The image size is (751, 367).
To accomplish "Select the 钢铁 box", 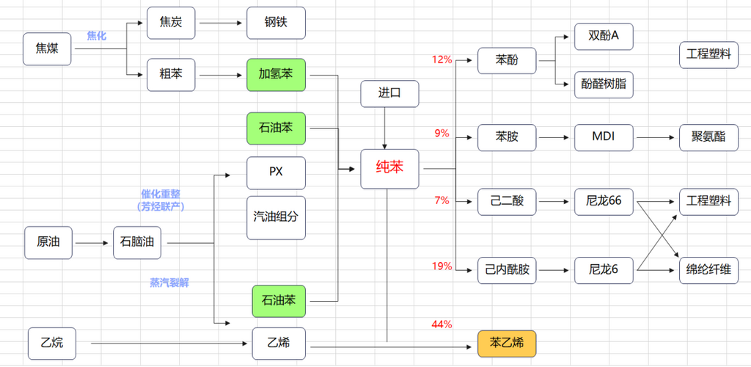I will point(276,23).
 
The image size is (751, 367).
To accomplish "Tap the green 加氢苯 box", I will point(276,74).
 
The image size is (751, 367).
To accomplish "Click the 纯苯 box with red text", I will point(389,168).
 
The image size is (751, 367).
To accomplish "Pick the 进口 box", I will point(389,94).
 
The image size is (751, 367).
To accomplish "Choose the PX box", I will point(276,172).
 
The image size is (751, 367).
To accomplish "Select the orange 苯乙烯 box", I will point(507,343).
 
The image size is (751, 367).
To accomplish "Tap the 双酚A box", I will point(604,35).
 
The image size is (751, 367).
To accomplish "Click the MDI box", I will point(604,137).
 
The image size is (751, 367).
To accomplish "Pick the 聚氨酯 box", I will point(708,137).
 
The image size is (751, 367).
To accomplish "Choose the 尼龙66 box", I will point(604,201).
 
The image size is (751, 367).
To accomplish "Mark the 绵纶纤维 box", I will point(708,270).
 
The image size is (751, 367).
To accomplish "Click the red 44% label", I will point(442,324).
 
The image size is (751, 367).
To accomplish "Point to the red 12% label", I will point(442,59).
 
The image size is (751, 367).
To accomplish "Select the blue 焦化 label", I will point(96,34).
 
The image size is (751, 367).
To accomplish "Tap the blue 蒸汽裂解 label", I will point(169,282).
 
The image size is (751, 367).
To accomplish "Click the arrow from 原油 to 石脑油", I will point(93,242).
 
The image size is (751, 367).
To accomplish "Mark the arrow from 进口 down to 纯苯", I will point(384,128).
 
